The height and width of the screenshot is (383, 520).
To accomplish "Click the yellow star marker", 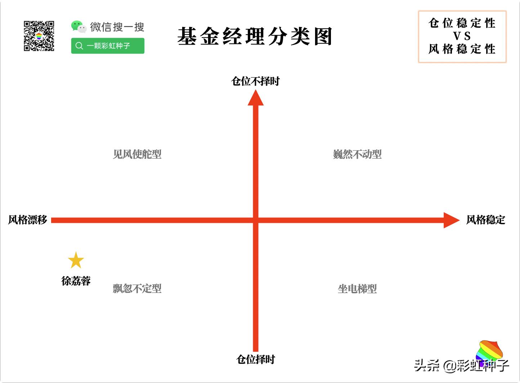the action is [76, 261].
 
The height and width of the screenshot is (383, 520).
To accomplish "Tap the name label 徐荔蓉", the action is [76, 281].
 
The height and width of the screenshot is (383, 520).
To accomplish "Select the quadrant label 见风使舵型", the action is [137, 154].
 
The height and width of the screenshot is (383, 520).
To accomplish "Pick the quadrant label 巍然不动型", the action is [357, 154].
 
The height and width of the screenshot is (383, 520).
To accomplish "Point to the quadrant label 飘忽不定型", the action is [137, 289].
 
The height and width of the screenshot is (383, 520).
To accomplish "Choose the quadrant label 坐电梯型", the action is [357, 289].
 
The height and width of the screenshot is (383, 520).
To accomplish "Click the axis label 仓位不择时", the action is [255, 81].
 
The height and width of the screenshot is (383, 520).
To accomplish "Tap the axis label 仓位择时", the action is [255, 359].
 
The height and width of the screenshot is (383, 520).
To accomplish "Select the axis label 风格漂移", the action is [28, 220].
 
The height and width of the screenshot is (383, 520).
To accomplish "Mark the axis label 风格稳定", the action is [485, 220].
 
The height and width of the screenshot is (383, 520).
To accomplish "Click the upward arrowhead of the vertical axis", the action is [256, 98].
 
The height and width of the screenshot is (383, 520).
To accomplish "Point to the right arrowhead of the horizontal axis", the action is [451, 220].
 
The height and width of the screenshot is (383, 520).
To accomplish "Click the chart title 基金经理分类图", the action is [255, 36].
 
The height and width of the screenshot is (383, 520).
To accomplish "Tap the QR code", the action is [39, 36].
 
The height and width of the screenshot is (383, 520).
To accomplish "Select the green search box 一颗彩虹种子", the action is [108, 46].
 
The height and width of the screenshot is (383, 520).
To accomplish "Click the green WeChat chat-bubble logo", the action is [78, 26].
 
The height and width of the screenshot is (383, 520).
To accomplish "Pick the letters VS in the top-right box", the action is [462, 36].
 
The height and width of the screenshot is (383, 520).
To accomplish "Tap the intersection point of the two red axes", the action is [256, 220].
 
